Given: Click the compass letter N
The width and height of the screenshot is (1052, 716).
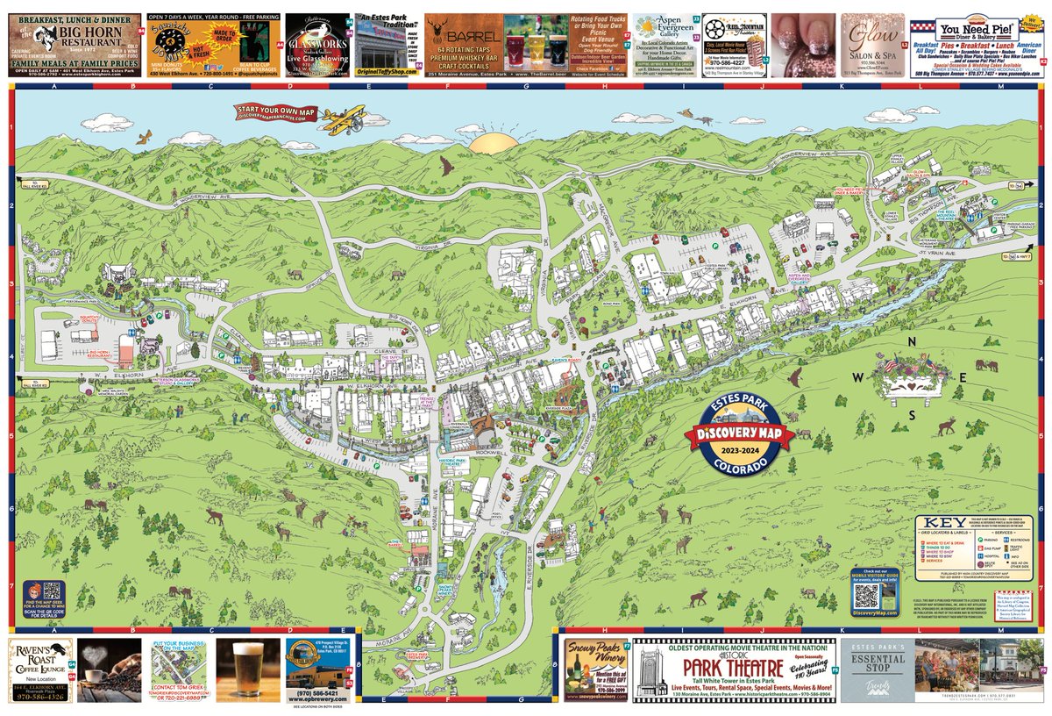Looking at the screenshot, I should click(x=912, y=343).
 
